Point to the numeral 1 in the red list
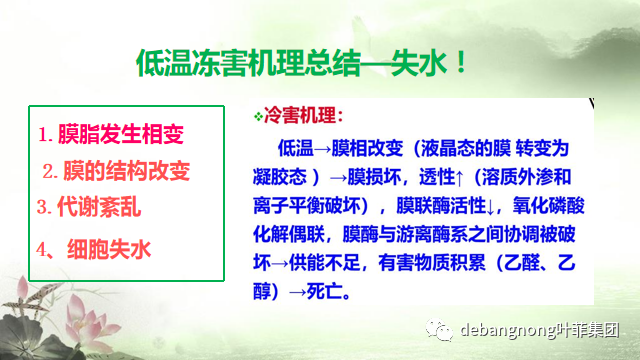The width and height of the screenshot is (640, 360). pos(43,134)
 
